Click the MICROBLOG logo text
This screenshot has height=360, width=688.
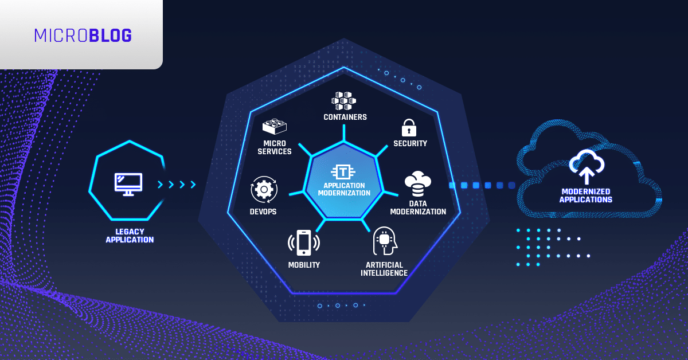(x=83, y=36)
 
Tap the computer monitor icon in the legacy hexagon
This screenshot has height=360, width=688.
(x=128, y=185)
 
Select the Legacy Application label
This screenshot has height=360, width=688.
(x=130, y=236)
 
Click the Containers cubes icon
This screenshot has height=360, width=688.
(x=343, y=101)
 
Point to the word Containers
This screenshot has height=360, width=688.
(x=345, y=117)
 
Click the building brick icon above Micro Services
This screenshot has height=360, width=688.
(x=274, y=127)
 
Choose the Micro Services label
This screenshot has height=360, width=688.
(x=275, y=147)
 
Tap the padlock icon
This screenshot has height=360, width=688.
(x=409, y=127)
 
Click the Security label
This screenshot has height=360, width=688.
(x=410, y=143)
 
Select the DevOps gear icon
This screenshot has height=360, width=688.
(x=264, y=190)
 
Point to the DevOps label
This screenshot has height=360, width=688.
(x=263, y=212)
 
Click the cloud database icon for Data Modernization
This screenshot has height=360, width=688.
(x=418, y=184)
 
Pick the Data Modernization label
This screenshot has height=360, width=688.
(x=418, y=208)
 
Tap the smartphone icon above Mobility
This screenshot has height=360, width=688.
(x=304, y=242)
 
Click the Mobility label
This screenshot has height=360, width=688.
(x=304, y=265)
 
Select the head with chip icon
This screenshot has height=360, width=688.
(x=385, y=241)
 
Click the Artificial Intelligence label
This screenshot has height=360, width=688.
(x=384, y=269)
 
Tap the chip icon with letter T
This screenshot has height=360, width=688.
(x=343, y=172)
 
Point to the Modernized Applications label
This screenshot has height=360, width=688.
(x=586, y=195)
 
